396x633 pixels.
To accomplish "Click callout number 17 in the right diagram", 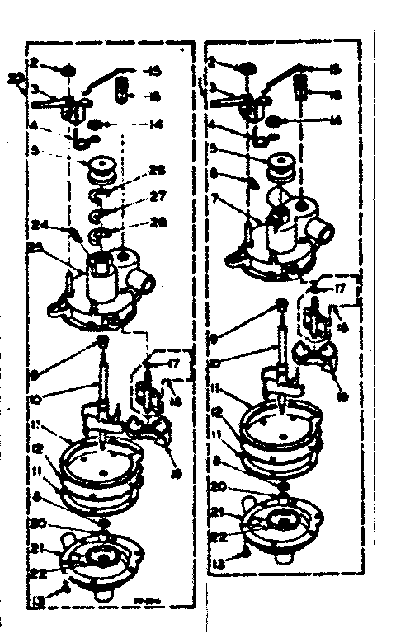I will tap(340, 288).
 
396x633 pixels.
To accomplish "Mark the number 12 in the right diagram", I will tap(216, 411).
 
